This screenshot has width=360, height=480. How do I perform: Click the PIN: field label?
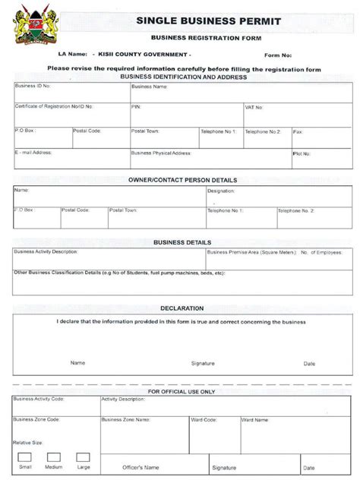[x=137, y=107]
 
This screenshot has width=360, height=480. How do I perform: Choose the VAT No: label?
[x=254, y=108]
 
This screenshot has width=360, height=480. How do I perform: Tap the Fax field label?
[x=298, y=131]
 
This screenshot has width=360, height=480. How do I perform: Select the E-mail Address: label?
[x=33, y=153]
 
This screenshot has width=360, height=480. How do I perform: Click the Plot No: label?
[x=302, y=153]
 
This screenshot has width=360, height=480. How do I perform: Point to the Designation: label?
[x=222, y=191]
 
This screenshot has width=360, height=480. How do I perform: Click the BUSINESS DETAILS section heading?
[x=182, y=242]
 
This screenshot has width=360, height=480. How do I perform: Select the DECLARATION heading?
[x=182, y=308]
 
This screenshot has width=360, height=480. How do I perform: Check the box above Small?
[x=25, y=457]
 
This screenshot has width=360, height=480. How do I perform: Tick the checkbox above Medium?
[x=54, y=457]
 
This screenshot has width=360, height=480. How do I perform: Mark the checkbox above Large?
[x=83, y=457]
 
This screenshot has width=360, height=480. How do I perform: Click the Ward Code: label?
[x=204, y=419]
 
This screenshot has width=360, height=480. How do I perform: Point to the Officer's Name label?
[x=141, y=467]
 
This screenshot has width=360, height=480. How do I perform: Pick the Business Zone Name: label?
[x=123, y=419]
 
